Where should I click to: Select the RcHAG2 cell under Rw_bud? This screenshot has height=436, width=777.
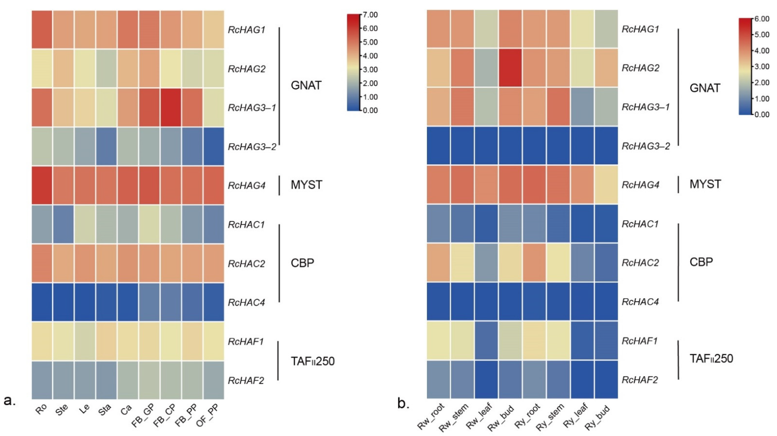pos(510,68)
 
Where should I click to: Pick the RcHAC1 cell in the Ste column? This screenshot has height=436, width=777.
pos(63,224)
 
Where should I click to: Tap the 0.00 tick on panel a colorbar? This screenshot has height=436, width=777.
pos(370,111)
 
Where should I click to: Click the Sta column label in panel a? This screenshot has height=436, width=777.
pos(104,410)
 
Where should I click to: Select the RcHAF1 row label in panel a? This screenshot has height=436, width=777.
pos(246,342)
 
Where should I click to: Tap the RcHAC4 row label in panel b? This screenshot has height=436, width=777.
pos(640,302)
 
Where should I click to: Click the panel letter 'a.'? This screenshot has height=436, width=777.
pos(10,401)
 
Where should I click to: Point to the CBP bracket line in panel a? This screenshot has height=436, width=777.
pos(279,263)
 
